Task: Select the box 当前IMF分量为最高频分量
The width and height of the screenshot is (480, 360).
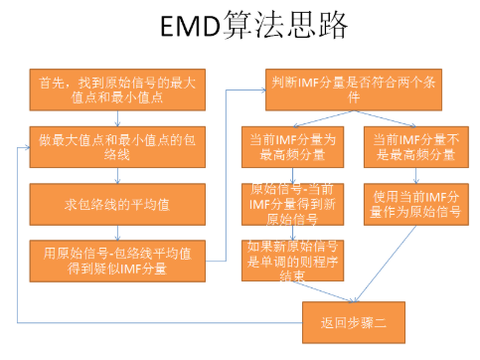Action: [x=293, y=144]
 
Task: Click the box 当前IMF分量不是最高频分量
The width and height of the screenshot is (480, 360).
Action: [x=413, y=144]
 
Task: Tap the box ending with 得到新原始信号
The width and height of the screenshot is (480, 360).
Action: [x=293, y=203]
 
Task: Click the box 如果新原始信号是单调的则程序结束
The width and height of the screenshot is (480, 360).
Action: [x=293, y=258]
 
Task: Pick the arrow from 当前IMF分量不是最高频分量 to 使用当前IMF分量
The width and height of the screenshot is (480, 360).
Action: [x=413, y=173]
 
